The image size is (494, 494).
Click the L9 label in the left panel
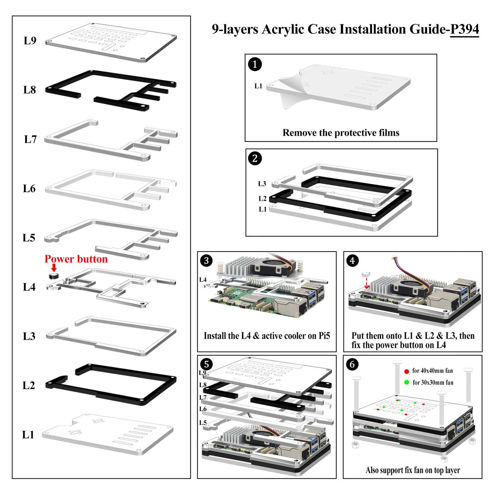click(x=30, y=41)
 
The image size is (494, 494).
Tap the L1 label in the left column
click(x=28, y=435)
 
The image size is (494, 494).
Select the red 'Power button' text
click(x=76, y=259)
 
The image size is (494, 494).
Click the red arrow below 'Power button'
click(x=54, y=268)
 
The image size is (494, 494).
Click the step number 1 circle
click(x=255, y=64)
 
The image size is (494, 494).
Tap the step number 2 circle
click(x=255, y=159)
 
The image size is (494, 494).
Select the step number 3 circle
click(x=206, y=261)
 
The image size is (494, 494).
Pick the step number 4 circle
click(x=352, y=261)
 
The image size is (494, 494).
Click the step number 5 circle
click(x=206, y=364)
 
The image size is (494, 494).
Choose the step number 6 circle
click(x=352, y=364)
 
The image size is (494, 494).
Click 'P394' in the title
click(x=464, y=29)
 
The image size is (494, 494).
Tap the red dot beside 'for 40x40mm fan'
click(x=406, y=371)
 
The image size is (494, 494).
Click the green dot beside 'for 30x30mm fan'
click(x=406, y=383)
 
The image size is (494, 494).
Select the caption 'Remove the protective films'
click(x=341, y=133)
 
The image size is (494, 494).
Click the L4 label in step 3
click(x=203, y=280)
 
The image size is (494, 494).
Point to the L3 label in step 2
click(x=262, y=184)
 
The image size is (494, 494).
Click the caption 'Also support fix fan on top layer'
click(x=413, y=470)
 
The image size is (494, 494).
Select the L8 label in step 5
click(x=203, y=385)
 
